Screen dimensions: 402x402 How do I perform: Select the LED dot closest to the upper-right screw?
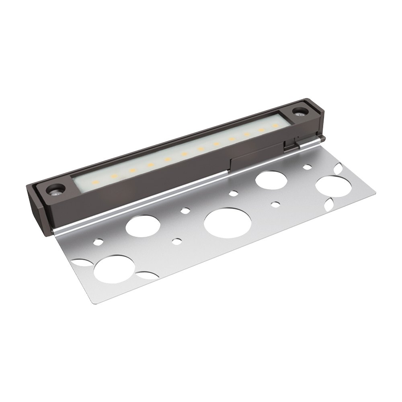coord(275,126)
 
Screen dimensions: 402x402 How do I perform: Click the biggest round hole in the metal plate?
coord(228,223)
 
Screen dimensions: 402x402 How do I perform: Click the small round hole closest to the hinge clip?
coord(307,166)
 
